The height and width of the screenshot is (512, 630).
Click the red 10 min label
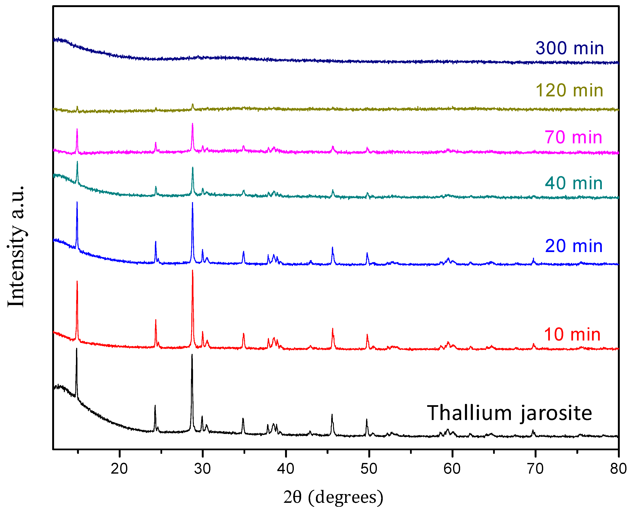pyautogui.click(x=572, y=334)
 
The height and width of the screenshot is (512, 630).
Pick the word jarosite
pyautogui.click(x=556, y=414)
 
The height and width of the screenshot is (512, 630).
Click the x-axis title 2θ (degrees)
pyautogui.click(x=333, y=497)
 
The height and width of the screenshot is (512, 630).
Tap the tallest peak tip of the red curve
pyautogui.click(x=193, y=270)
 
